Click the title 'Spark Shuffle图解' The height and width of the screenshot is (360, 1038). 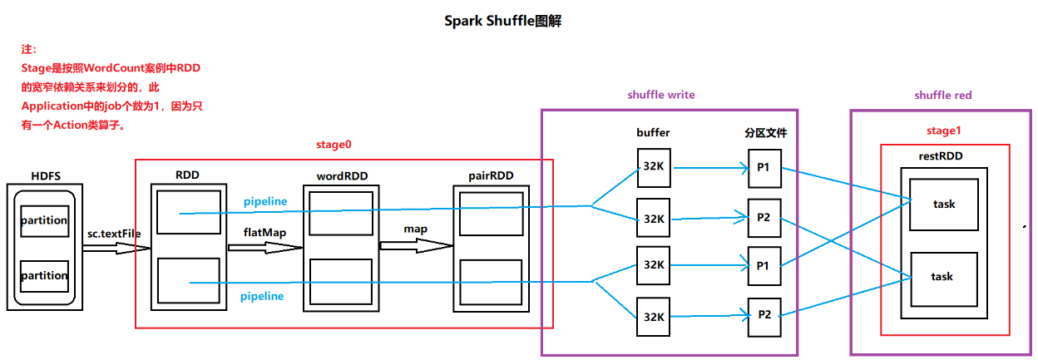click(x=503, y=22)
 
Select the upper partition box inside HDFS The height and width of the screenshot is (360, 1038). click(x=44, y=221)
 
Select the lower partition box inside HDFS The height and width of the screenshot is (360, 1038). click(x=44, y=275)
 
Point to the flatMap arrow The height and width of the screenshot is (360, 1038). click(x=264, y=246)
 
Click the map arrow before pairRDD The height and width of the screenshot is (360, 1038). click(x=416, y=245)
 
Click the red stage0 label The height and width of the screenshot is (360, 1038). click(x=333, y=145)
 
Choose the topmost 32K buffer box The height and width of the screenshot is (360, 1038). click(x=653, y=165)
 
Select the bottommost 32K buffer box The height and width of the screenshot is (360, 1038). click(x=653, y=316)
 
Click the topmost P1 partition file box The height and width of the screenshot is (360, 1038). click(x=763, y=167)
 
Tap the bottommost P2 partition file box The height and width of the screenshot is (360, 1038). click(x=764, y=315)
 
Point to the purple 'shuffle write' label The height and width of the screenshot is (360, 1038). click(x=660, y=95)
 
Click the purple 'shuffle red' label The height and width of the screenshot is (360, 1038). click(x=942, y=96)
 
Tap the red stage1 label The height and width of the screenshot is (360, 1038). click(x=944, y=131)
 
